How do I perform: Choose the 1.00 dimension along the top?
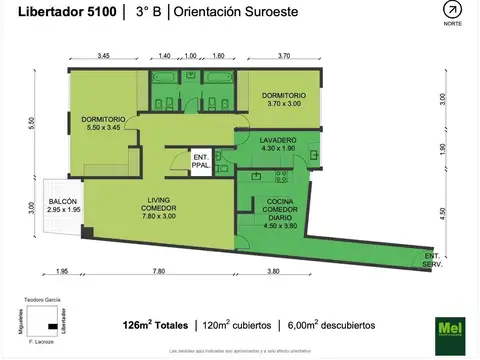pos(190,57)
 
